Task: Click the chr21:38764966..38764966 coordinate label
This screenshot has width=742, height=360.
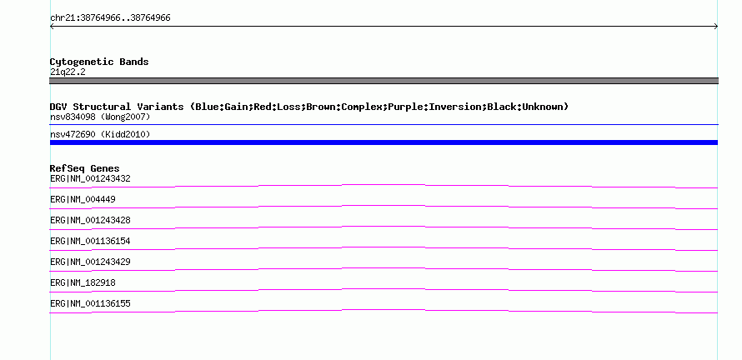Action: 110,18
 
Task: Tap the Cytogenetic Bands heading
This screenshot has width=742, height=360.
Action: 99,62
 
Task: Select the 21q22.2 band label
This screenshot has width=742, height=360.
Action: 68,72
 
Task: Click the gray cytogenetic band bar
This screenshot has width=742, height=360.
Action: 384,81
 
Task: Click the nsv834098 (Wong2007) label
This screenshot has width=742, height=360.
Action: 100,117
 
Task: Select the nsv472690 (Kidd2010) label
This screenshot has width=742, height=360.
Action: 100,135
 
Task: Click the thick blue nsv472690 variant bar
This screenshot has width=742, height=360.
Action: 384,142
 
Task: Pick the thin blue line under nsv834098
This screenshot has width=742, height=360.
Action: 384,125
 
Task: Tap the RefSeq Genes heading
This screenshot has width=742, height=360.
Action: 85,168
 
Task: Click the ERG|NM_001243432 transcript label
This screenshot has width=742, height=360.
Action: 90,179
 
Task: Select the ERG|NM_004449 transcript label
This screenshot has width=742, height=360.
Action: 83,200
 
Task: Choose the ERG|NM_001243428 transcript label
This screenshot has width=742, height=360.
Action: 90,221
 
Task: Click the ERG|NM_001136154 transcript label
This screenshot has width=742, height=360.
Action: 90,242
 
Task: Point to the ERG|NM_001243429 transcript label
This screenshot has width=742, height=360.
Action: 90,262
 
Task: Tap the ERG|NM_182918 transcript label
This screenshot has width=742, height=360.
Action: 83,282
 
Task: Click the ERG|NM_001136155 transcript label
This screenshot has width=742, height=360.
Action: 90,303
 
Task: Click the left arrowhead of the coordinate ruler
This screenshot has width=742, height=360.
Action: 50,27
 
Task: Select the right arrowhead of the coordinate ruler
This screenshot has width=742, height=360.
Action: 717,27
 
